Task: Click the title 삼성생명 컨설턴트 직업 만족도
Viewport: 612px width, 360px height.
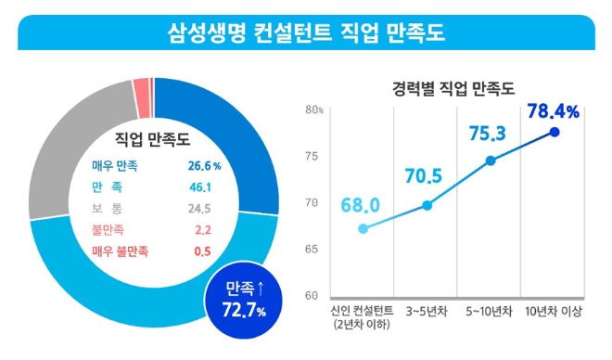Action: (305, 33)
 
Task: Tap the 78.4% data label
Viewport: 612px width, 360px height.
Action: (553, 112)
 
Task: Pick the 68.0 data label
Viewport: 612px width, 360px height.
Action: (361, 204)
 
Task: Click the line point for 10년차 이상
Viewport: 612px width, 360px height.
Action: (555, 133)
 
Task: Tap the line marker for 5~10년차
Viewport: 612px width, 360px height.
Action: (491, 160)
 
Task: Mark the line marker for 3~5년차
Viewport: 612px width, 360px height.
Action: (427, 205)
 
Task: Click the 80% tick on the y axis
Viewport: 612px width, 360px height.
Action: (315, 110)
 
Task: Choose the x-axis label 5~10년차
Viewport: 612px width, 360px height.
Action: (491, 311)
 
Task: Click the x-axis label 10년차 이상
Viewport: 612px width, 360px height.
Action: (554, 311)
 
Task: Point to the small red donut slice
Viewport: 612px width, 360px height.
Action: (141, 86)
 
